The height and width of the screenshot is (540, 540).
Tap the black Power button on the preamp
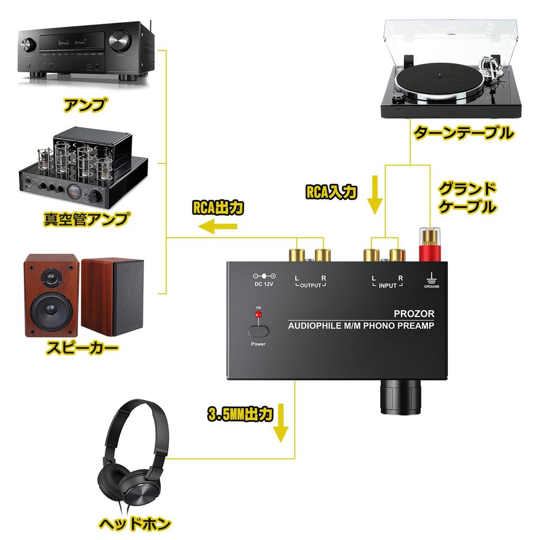258,331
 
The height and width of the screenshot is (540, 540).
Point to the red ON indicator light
258,315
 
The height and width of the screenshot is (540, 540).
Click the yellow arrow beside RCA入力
375,196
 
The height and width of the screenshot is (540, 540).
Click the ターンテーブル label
463,132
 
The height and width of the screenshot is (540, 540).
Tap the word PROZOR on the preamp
414,314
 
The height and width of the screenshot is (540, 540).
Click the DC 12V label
265,285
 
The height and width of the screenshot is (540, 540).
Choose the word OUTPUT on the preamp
310,285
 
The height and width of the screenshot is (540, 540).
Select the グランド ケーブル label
467,197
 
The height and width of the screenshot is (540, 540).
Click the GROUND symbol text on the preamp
431,286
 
